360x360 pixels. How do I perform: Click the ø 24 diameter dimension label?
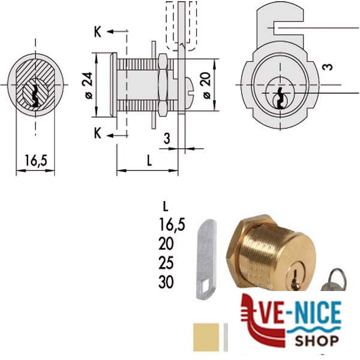(x=89, y=85)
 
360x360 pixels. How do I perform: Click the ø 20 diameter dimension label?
(x=206, y=85)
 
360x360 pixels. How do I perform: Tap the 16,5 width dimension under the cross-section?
(x=36, y=160)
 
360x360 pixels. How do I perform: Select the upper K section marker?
(x=98, y=32)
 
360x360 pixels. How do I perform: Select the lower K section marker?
(x=98, y=133)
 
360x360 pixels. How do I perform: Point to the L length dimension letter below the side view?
(x=149, y=160)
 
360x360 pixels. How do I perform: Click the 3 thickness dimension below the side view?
(x=167, y=139)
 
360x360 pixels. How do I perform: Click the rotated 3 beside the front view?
(x=328, y=67)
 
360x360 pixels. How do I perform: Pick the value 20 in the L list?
(x=166, y=244)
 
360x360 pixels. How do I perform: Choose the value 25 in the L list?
(x=166, y=263)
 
